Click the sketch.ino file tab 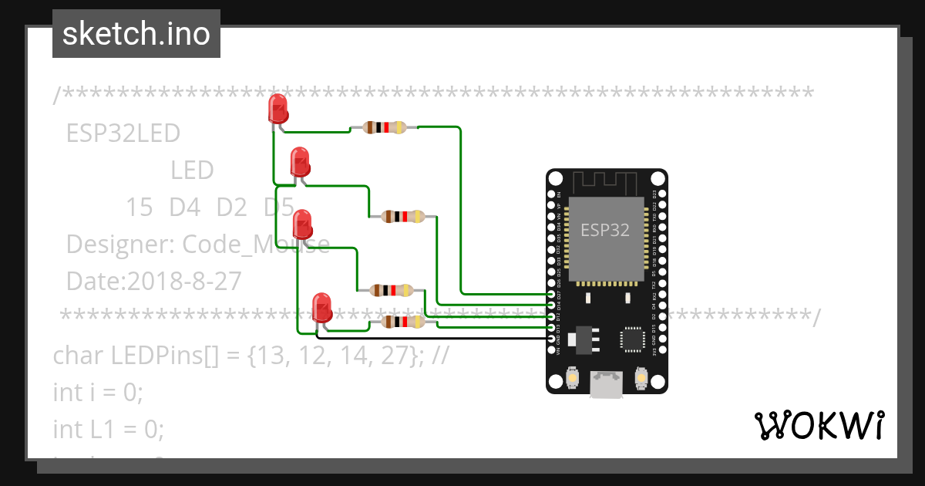point(136,34)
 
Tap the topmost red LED point(277,109)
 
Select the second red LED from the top point(300,162)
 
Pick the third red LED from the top point(303,224)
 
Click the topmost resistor point(384,128)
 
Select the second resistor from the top point(402,217)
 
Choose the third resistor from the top point(392,291)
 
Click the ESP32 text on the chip point(605,230)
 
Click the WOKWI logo point(819,426)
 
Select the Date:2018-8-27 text point(153,282)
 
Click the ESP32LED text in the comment point(123,133)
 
